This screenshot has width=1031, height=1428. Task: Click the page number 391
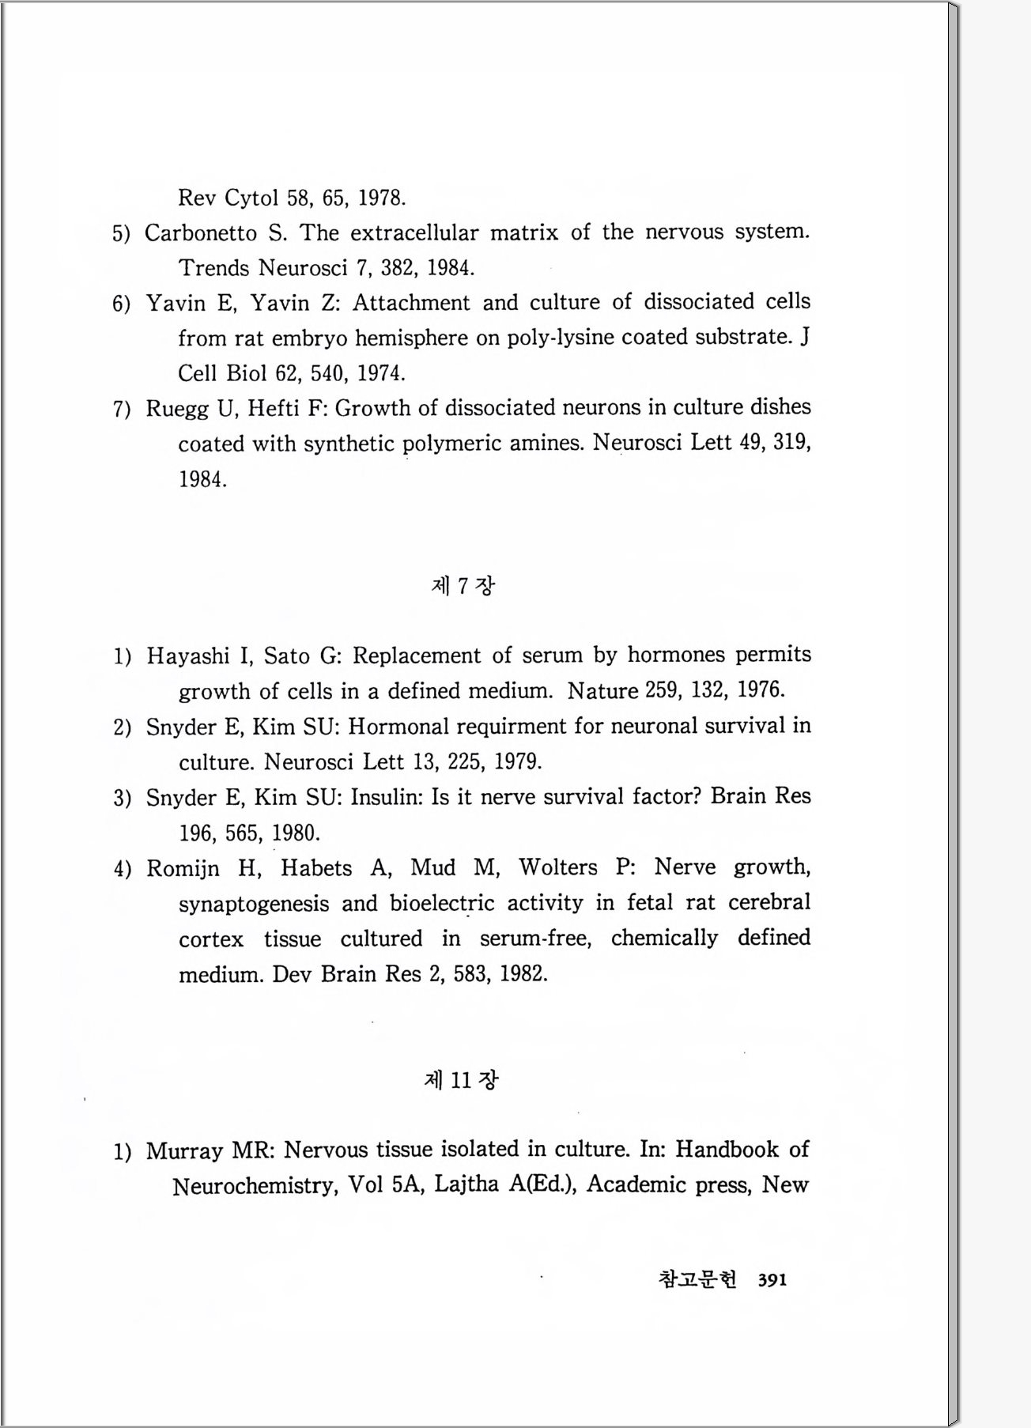pyautogui.click(x=772, y=1279)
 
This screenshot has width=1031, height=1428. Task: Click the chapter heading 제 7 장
pyautogui.click(x=463, y=586)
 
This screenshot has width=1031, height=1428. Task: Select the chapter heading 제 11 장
pyautogui.click(x=461, y=1080)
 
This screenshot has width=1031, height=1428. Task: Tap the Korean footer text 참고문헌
pyautogui.click(x=697, y=1279)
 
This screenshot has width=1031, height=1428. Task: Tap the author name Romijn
pyautogui.click(x=183, y=868)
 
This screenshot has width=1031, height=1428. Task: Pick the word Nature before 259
pyautogui.click(x=602, y=691)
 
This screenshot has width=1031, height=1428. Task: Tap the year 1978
pyautogui.click(x=382, y=198)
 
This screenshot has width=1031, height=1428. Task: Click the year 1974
pyautogui.click(x=381, y=373)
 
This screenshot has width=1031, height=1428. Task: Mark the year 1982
pyautogui.click(x=523, y=974)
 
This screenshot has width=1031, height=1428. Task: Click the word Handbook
pyautogui.click(x=727, y=1150)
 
